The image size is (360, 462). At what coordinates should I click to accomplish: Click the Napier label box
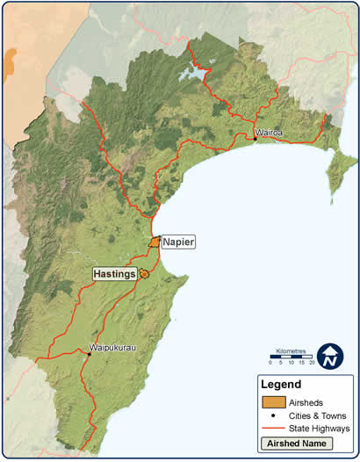coord(177,241)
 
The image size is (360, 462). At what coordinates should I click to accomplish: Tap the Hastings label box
coord(114,274)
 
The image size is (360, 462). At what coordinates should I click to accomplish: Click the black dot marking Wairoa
coord(256,139)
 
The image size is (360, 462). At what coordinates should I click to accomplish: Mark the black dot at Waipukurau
coord(89,354)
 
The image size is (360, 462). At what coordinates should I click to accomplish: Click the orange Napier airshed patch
coord(155,242)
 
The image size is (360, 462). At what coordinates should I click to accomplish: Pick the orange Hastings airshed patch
coord(144,275)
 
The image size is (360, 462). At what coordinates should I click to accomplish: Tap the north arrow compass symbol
coord(331,356)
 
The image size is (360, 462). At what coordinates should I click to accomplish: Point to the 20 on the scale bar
coord(311,362)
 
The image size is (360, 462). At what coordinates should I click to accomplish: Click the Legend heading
coord(281,384)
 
